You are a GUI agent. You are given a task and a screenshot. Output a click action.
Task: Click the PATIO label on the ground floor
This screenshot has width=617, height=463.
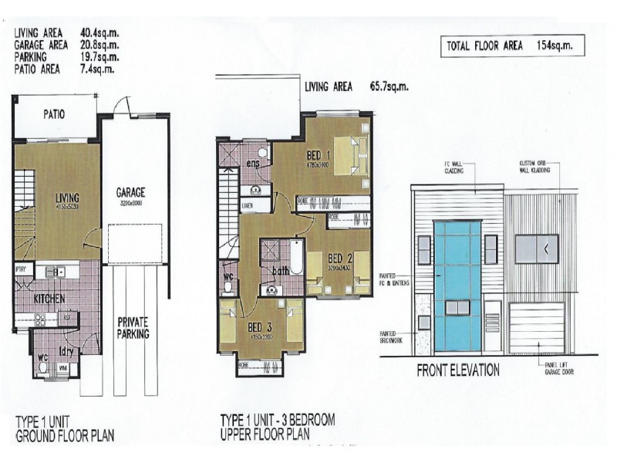pos(53,114)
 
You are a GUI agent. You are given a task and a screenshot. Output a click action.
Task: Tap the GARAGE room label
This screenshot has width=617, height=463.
pos(131,193)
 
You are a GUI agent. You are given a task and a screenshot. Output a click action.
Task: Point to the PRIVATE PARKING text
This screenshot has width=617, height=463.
pos(133,327)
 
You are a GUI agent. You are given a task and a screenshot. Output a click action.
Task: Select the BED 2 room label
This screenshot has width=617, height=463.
pos(339,257)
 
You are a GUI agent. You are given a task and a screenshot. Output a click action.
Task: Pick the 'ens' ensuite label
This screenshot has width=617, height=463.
pos(251,164)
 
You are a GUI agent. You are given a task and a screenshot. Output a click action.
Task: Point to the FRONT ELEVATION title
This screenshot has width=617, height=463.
pos(458,369)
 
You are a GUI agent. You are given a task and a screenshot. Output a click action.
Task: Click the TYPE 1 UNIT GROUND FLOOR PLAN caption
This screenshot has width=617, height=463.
pos(65,429)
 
